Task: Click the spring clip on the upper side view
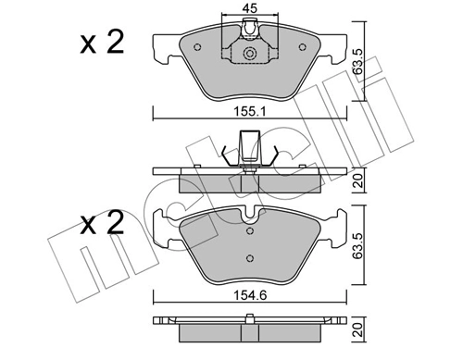click(x=247, y=152)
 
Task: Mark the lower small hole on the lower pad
click(x=247, y=256)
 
